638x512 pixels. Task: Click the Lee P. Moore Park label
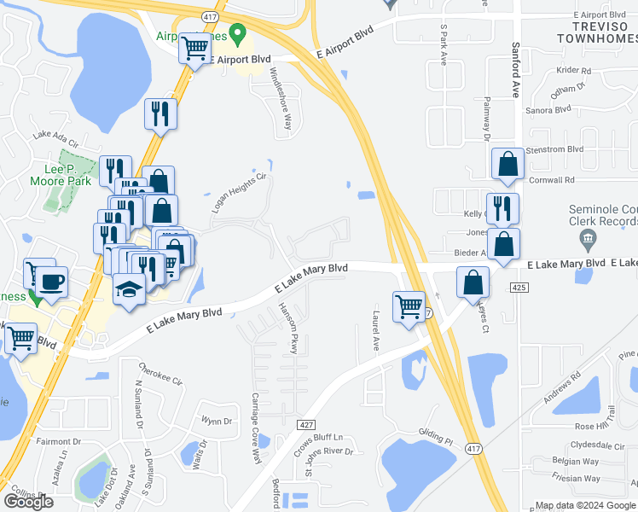pyautogui.click(x=61, y=174)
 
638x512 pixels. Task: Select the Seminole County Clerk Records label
pyautogui.click(x=603, y=216)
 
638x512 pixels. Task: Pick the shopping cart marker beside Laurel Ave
pyautogui.click(x=409, y=305)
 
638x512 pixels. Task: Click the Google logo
pyautogui.click(x=28, y=501)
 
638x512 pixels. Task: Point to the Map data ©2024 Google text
pyautogui.click(x=584, y=505)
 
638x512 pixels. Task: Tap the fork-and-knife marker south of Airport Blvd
pyautogui.click(x=160, y=113)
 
